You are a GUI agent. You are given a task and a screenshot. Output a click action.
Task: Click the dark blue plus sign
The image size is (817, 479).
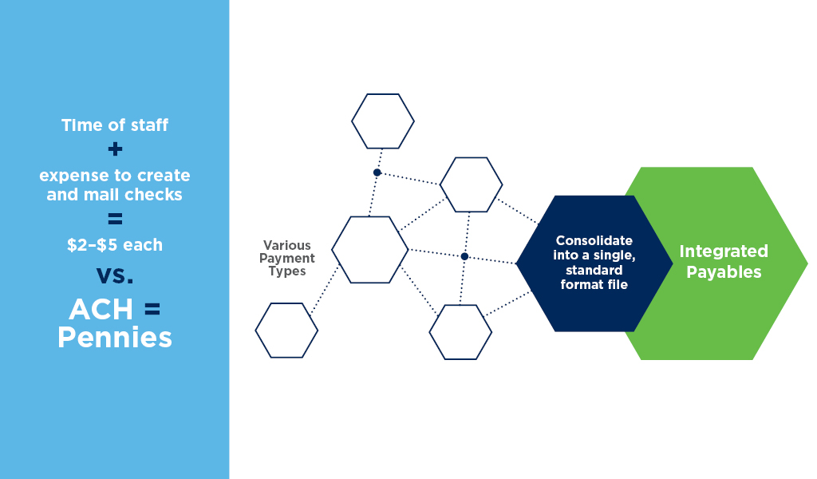[115, 149]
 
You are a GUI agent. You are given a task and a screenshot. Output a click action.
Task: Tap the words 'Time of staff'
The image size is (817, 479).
[115, 125]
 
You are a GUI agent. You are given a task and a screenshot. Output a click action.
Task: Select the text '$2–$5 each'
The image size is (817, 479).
[115, 244]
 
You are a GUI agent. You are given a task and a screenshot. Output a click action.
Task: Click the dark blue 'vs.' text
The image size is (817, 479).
[115, 275]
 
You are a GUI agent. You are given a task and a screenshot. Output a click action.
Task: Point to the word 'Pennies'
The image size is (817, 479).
[115, 337]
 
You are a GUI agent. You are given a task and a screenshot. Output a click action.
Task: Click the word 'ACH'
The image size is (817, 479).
[101, 310]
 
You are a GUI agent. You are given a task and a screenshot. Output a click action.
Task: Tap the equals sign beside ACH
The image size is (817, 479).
[152, 310]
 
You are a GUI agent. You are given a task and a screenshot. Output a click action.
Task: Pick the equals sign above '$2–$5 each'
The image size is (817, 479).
[115, 219]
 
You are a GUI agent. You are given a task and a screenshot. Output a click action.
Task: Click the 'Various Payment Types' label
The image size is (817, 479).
[287, 258]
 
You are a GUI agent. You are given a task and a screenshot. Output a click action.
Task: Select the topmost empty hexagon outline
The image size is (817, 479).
[383, 94]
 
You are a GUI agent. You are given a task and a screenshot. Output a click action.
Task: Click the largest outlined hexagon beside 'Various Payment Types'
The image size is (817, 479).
[370, 217]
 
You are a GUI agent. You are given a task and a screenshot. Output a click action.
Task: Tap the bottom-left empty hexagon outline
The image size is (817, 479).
[286, 304]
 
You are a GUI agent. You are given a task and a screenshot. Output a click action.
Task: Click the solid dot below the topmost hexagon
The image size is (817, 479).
[377, 172]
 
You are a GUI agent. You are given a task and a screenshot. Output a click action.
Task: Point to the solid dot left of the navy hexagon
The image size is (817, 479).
[464, 256]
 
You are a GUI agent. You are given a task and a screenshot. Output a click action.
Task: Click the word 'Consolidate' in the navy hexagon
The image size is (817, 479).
[594, 240]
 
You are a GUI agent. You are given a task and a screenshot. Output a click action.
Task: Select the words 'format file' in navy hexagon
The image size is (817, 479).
[594, 284]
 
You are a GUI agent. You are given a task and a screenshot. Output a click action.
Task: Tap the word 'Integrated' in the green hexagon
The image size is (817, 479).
[724, 251]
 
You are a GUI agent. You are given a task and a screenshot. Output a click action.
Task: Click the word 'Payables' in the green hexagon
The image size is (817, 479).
[724, 272]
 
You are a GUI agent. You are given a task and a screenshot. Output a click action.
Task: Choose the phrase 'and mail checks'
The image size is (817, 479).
[115, 195]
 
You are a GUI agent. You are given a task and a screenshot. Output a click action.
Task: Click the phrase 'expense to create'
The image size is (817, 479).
[115, 176]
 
